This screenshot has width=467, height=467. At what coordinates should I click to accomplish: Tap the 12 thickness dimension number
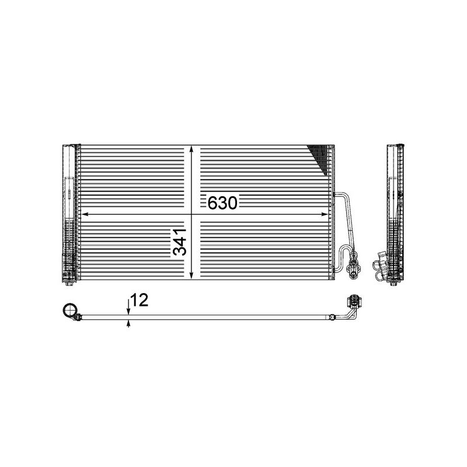[x=140, y=301]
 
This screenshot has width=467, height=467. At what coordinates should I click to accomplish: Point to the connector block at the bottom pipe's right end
[x=353, y=302]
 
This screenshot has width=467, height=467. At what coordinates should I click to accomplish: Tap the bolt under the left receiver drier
[x=69, y=283]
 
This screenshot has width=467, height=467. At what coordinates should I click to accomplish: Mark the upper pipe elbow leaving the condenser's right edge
[x=339, y=194]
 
